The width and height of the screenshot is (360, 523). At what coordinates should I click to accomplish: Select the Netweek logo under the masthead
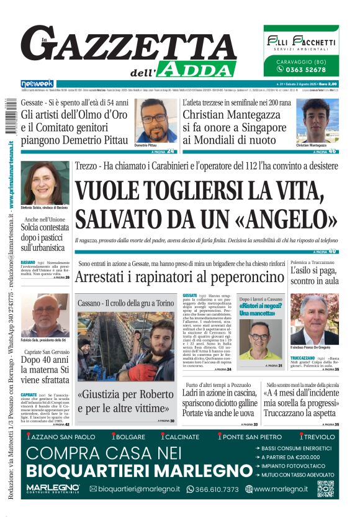click(x=37, y=84)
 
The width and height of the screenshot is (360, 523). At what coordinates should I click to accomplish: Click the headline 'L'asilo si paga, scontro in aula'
click(x=315, y=276)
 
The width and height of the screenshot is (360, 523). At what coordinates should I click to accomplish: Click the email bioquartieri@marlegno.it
click(x=135, y=489)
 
